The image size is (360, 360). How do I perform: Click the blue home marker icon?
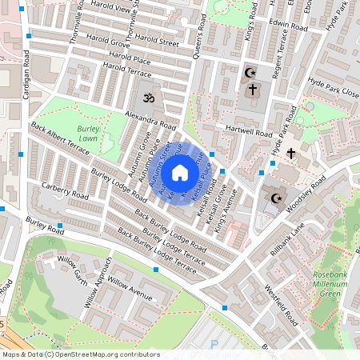coord(180,173)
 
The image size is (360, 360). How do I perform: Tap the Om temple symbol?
coord(146,99)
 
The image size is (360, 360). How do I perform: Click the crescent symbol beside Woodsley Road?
coord(277,198)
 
